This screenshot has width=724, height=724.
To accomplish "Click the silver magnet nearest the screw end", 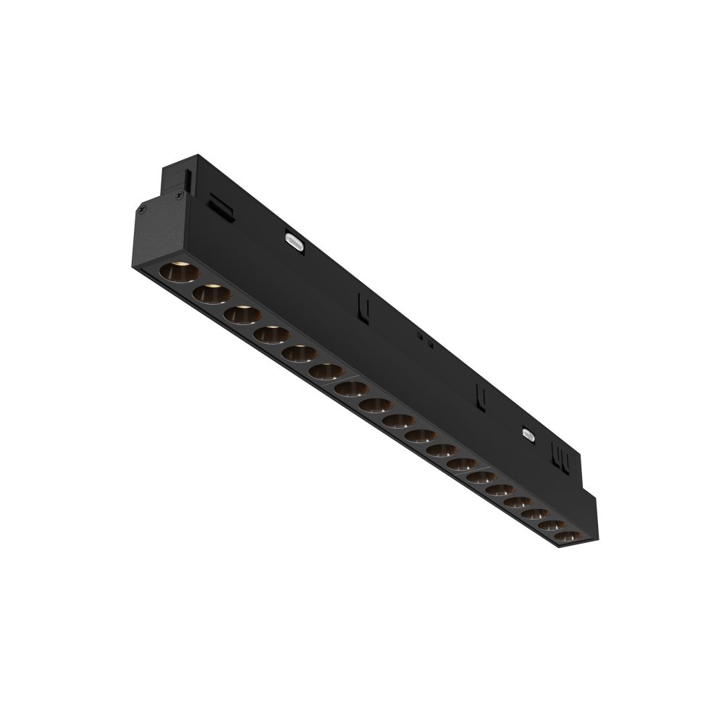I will click(x=294, y=240).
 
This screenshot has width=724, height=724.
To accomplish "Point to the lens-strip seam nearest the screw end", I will click(x=348, y=377).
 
